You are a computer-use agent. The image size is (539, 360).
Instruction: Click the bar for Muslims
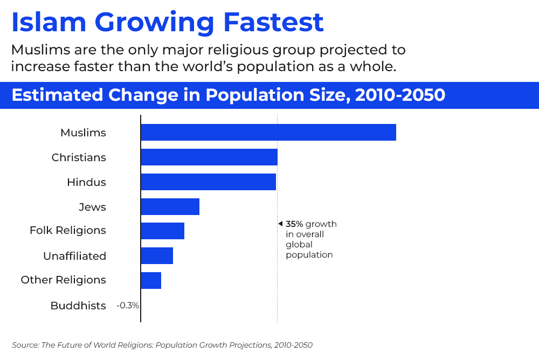click(268, 133)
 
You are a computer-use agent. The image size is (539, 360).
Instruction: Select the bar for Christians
click(209, 157)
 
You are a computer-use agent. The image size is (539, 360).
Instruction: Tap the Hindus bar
click(208, 182)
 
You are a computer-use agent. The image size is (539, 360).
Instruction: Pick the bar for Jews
click(170, 207)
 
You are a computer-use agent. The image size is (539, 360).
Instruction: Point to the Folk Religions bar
click(162, 231)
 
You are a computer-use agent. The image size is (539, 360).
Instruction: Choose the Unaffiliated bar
click(157, 256)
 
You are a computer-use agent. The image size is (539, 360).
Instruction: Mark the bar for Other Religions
click(151, 280)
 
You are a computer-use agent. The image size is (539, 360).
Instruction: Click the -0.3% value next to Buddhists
click(128, 306)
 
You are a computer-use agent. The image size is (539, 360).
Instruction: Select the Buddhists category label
click(78, 306)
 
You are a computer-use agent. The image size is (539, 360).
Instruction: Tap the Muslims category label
click(83, 133)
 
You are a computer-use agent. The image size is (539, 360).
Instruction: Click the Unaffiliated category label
click(74, 256)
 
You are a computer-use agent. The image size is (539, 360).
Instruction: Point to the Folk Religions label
click(68, 231)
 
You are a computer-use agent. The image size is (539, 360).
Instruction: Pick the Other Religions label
click(63, 280)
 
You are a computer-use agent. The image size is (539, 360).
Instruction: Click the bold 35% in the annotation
click(294, 224)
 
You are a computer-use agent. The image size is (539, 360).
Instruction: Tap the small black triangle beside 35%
click(280, 224)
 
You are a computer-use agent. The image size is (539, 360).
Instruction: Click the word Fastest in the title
click(273, 23)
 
